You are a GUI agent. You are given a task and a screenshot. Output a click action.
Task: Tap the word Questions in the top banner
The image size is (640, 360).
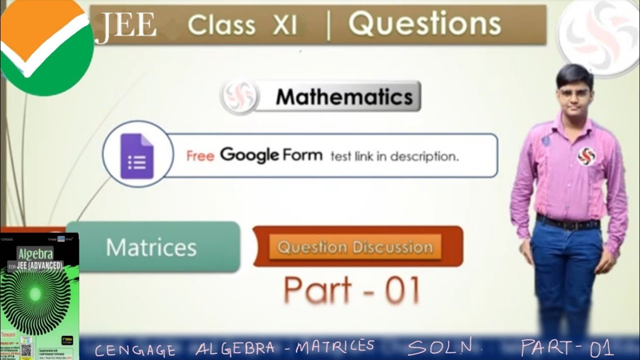(x=424, y=24)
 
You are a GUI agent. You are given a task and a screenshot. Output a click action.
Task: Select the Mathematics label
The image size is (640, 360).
(x=344, y=96)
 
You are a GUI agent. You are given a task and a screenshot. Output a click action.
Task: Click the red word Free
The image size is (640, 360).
(x=200, y=156)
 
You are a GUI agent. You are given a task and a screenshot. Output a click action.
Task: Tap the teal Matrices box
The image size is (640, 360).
(x=152, y=247)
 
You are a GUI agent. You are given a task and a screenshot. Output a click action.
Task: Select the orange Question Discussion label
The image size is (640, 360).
(x=355, y=247)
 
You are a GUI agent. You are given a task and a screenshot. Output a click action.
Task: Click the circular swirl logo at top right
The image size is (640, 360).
(x=598, y=37)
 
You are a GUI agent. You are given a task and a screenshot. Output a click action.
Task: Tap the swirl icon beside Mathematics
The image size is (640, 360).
(x=239, y=96)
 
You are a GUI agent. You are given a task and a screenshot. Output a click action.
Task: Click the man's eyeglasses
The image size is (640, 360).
(x=574, y=92)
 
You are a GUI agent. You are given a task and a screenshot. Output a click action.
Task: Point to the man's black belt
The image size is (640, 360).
(x=568, y=221)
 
